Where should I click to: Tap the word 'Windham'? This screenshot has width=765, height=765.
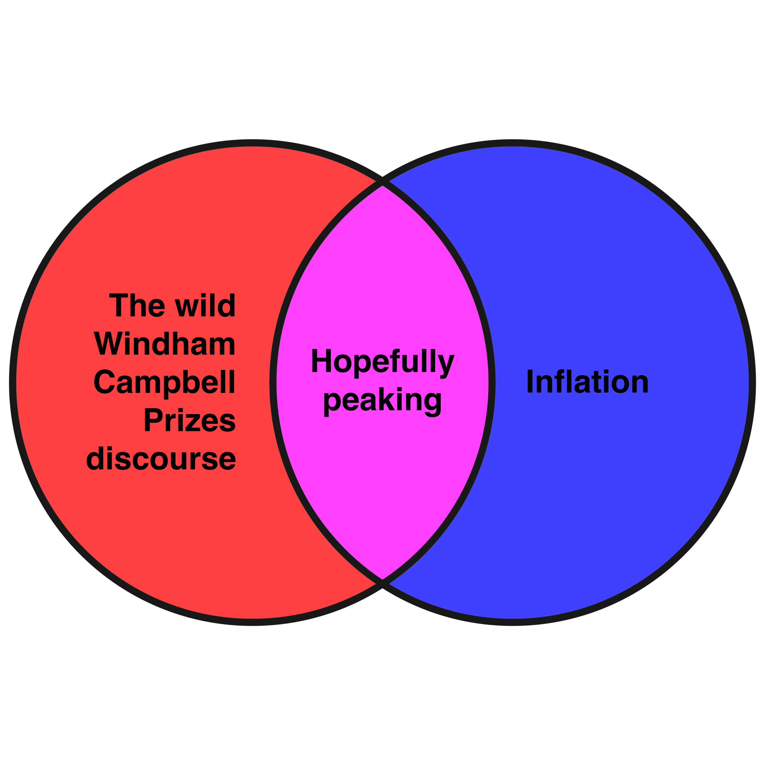[x=165, y=344]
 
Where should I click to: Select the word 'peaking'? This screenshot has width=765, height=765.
[x=382, y=400]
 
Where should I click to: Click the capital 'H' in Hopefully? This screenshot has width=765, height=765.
[x=321, y=361]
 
